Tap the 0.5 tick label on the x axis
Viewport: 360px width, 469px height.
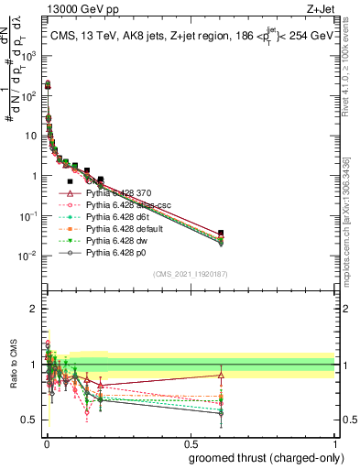pyautogui.click(x=191, y=442)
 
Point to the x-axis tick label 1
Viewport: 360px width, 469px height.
pyautogui.click(x=333, y=442)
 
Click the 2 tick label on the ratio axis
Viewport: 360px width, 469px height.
pyautogui.click(x=34, y=309)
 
